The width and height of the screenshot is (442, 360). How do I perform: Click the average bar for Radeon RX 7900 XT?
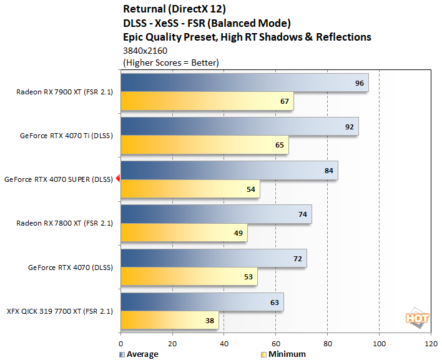(x=244, y=82)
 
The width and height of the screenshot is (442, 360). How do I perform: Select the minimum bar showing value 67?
(x=207, y=101)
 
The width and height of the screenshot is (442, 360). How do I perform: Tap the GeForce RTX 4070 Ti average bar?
(x=239, y=126)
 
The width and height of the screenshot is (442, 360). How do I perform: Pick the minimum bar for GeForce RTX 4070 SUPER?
(x=190, y=189)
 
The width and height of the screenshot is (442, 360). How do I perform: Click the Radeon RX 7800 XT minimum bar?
(x=184, y=232)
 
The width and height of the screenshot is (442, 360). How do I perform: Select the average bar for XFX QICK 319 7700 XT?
(x=202, y=302)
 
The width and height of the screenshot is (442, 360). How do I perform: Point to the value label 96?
(x=359, y=82)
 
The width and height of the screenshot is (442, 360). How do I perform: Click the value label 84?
(x=328, y=171)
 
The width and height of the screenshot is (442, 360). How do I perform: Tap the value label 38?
(x=209, y=321)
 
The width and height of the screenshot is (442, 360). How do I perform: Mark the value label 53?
(x=248, y=276)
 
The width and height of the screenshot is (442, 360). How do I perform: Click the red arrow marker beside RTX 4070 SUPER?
(x=117, y=179)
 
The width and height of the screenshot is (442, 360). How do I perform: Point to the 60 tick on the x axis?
(x=275, y=344)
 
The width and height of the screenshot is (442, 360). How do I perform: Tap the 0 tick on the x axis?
(x=120, y=344)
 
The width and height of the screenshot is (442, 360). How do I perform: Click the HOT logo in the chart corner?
(x=416, y=317)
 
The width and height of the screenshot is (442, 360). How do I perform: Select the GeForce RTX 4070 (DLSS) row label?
(x=70, y=267)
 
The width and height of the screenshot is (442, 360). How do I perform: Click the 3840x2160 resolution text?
(x=145, y=50)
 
